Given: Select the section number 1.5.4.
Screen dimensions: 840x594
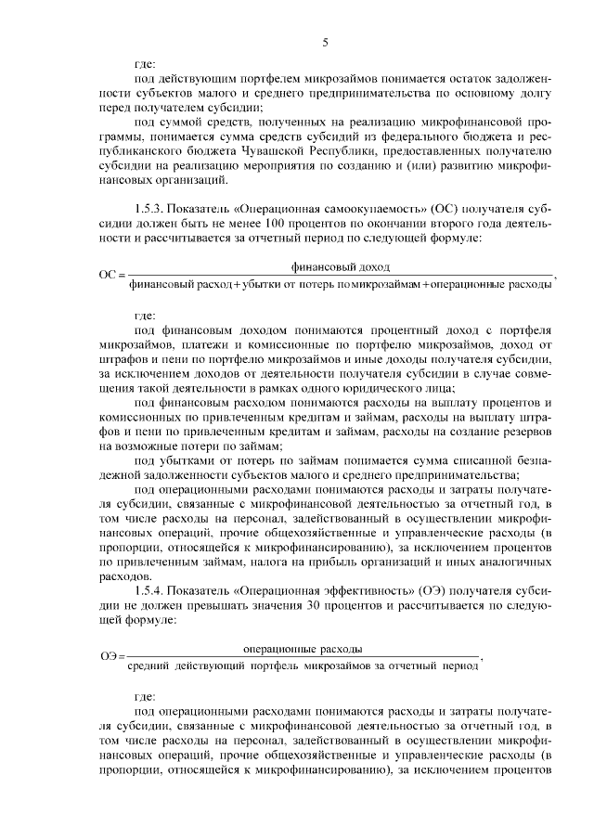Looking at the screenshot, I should [x=151, y=591].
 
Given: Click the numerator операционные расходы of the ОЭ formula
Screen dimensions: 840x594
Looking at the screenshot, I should [x=302, y=648].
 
